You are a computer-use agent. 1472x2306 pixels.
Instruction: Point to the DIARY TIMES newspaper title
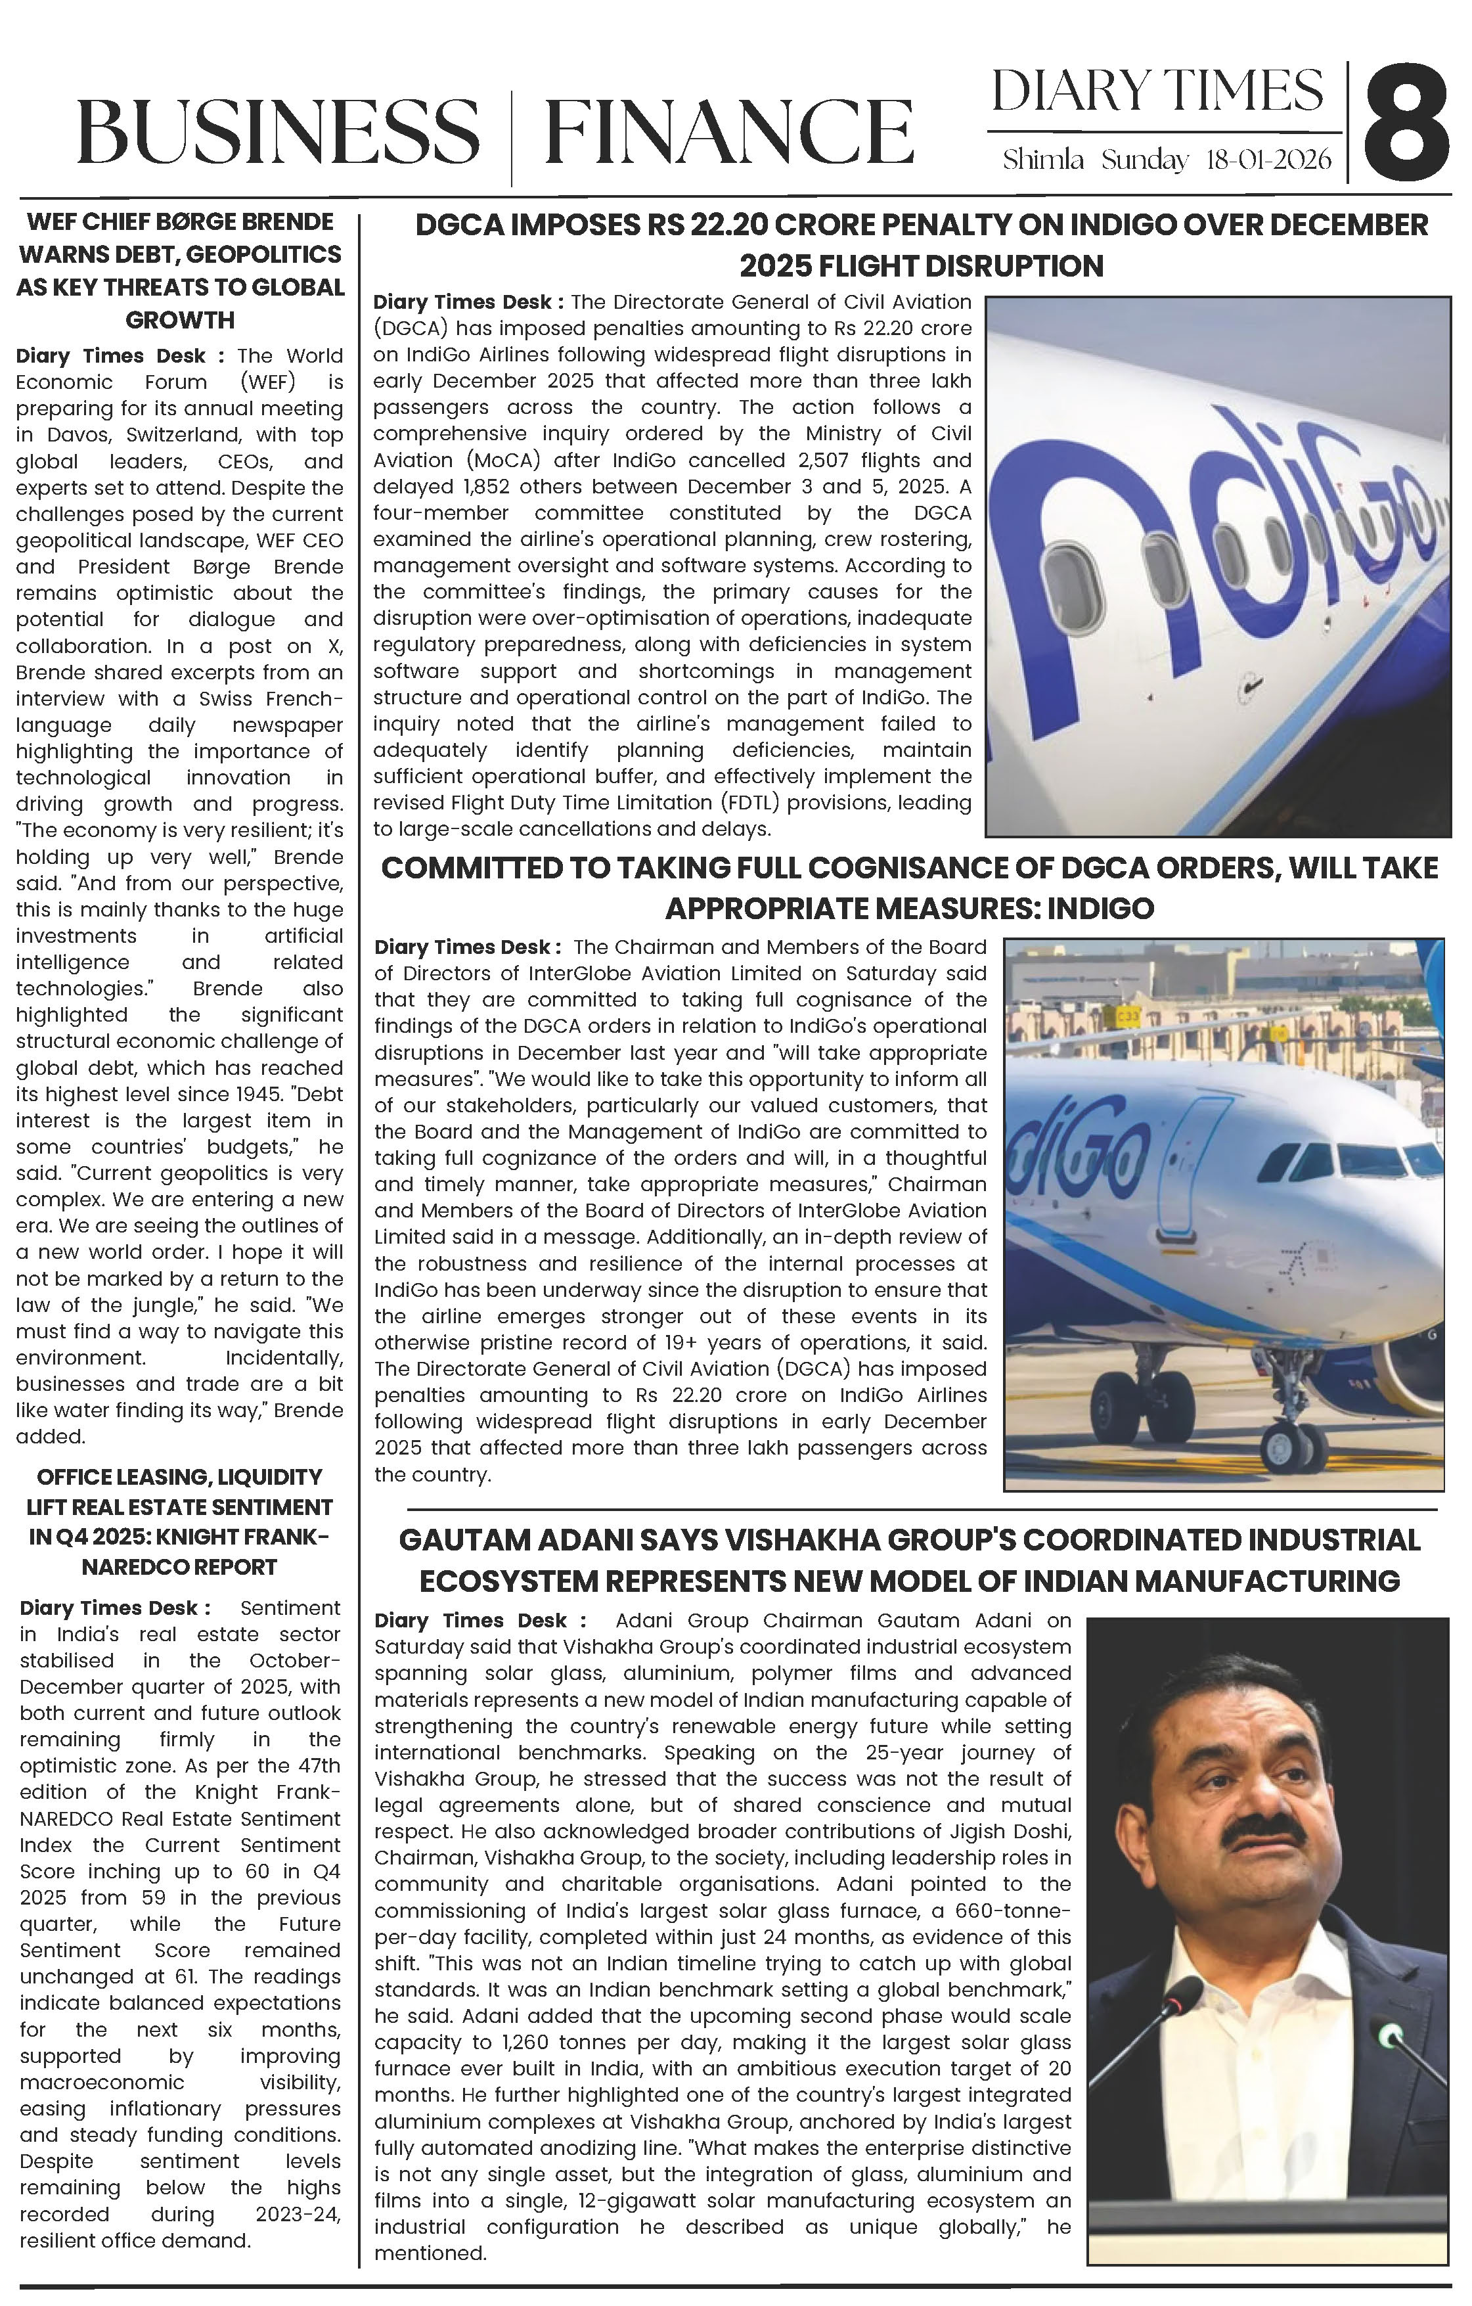1157,92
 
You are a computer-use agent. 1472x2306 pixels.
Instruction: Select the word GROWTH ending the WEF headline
180,320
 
